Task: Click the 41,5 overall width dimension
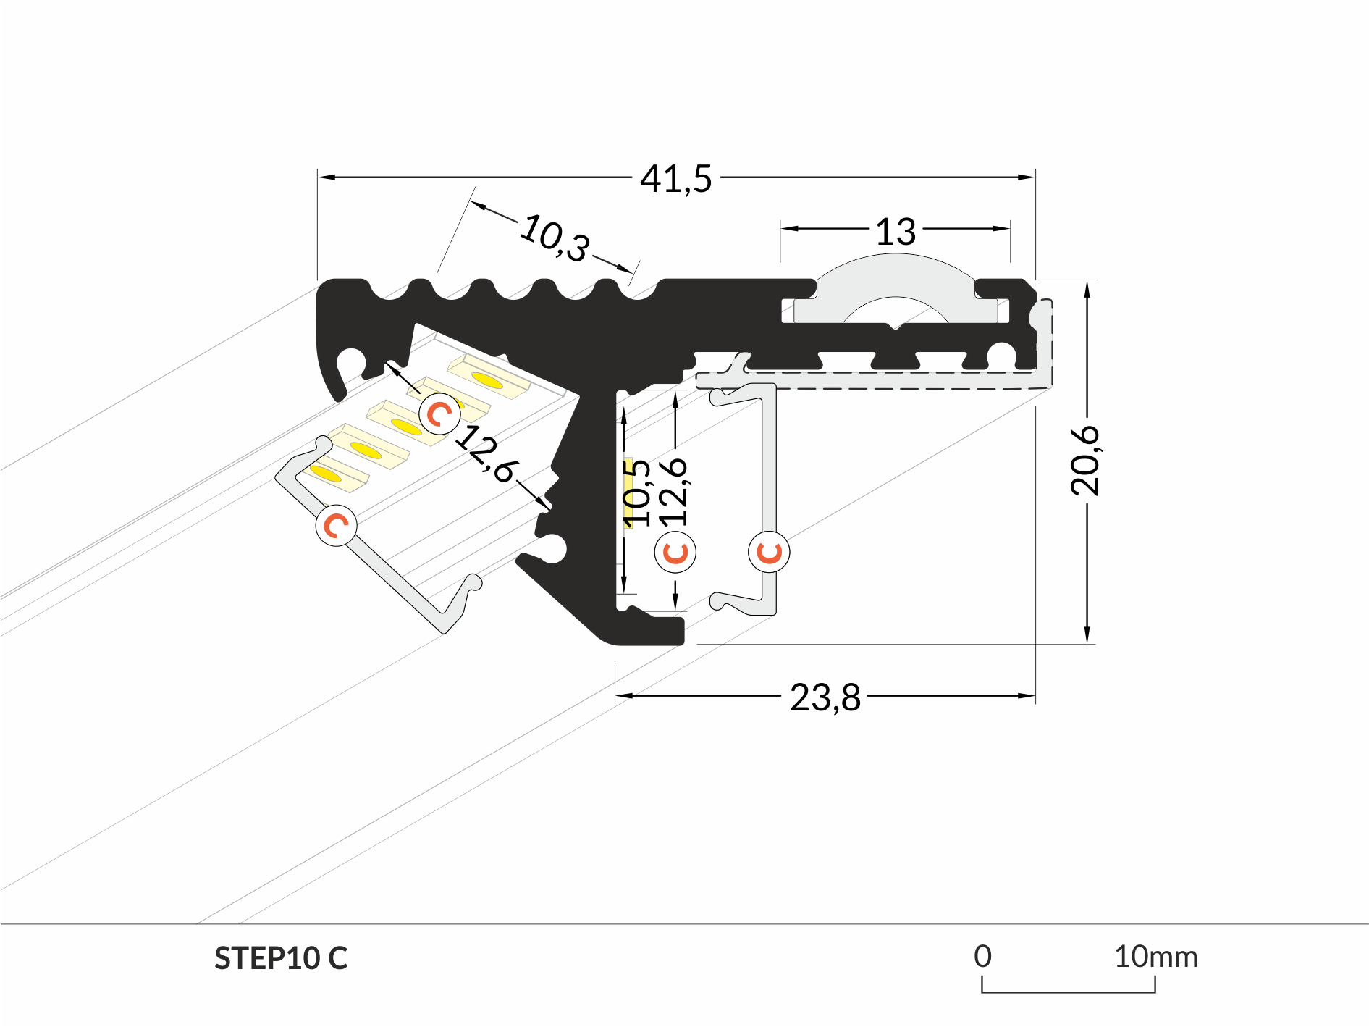coord(675,178)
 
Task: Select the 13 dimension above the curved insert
coord(896,232)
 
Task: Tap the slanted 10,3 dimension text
coord(555,238)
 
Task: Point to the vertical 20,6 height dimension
coord(1085,461)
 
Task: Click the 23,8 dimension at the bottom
coord(825,697)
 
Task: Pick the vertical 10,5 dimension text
coord(636,492)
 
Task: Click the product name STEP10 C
coord(281,958)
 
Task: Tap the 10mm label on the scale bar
coord(1155,957)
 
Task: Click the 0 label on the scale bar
coord(982,957)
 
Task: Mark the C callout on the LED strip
coord(439,414)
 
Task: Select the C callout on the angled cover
coord(336,525)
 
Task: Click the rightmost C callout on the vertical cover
coord(769,552)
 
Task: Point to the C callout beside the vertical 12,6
coord(675,552)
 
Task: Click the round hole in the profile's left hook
coord(352,361)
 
